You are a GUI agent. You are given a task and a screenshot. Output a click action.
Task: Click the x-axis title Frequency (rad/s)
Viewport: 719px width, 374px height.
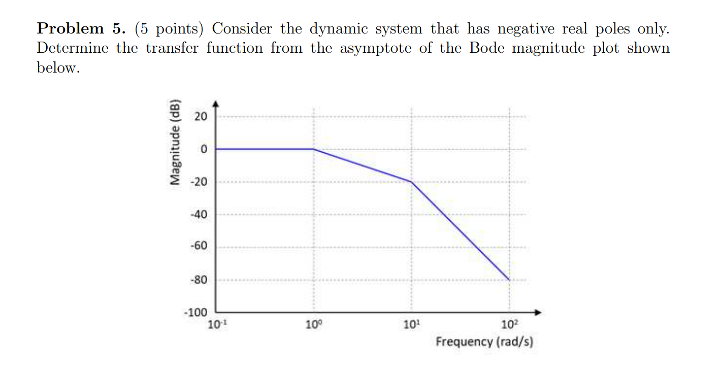[x=484, y=341]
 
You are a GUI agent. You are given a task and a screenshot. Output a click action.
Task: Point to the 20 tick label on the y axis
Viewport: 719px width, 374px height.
[x=201, y=117]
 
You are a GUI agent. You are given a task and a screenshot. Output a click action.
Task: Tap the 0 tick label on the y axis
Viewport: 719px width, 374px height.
[x=203, y=149]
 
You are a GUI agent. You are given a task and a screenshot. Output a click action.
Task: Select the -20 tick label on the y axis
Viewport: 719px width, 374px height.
[x=199, y=182]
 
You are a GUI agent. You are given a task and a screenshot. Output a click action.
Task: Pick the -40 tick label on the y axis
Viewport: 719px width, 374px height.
[x=199, y=215]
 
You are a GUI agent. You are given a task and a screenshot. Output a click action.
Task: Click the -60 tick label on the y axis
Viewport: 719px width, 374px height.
[x=199, y=247]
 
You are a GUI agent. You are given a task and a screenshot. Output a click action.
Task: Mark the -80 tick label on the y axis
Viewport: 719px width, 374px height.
[x=199, y=280]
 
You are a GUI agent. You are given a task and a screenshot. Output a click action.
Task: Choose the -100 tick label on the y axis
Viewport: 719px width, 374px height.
[x=196, y=312]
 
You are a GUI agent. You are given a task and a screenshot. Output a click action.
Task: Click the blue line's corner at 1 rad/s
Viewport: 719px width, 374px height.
[x=313, y=149]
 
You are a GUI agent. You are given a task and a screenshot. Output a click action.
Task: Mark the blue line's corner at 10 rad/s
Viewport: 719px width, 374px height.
[x=411, y=182]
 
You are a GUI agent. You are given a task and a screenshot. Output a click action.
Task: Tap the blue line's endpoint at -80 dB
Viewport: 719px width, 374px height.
[x=509, y=280]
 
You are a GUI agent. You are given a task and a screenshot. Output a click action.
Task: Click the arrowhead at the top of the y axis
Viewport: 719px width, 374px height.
[x=216, y=104]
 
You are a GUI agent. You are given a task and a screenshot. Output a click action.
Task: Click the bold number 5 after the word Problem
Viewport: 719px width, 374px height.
[x=117, y=29]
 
